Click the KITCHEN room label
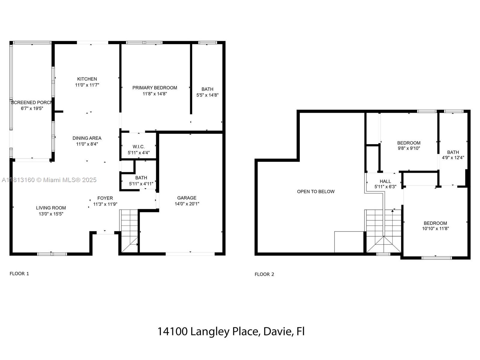(87, 79)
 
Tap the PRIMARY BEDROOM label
(155, 88)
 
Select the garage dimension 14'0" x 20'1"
(187, 204)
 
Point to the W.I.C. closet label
(139, 147)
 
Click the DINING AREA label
(87, 138)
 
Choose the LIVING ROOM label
(51, 208)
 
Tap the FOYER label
(105, 198)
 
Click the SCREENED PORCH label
(31, 103)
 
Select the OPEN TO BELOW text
(316, 191)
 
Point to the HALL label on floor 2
(385, 181)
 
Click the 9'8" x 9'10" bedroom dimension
(409, 148)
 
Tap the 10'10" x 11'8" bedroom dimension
(435, 228)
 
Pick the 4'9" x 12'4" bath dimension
(453, 157)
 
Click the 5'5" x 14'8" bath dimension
(208, 95)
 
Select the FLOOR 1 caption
(19, 273)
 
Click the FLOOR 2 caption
(264, 274)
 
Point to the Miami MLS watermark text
(49, 180)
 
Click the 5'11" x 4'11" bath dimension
(141, 184)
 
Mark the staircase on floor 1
(129, 231)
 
